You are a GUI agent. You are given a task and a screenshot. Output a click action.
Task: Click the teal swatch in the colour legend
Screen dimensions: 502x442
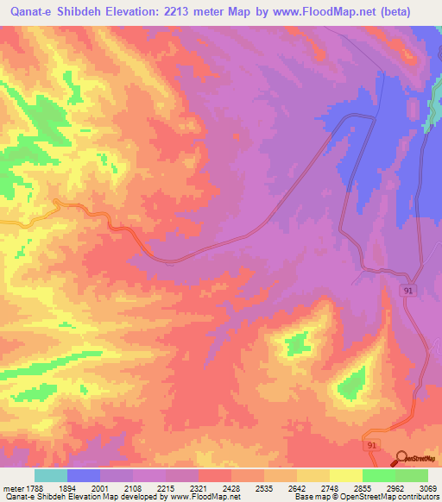pos(50,476)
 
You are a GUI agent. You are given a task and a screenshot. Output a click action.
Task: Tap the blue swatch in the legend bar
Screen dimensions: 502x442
pos(83,476)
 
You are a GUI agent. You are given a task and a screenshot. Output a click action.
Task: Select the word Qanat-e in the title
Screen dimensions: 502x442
pos(28,12)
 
